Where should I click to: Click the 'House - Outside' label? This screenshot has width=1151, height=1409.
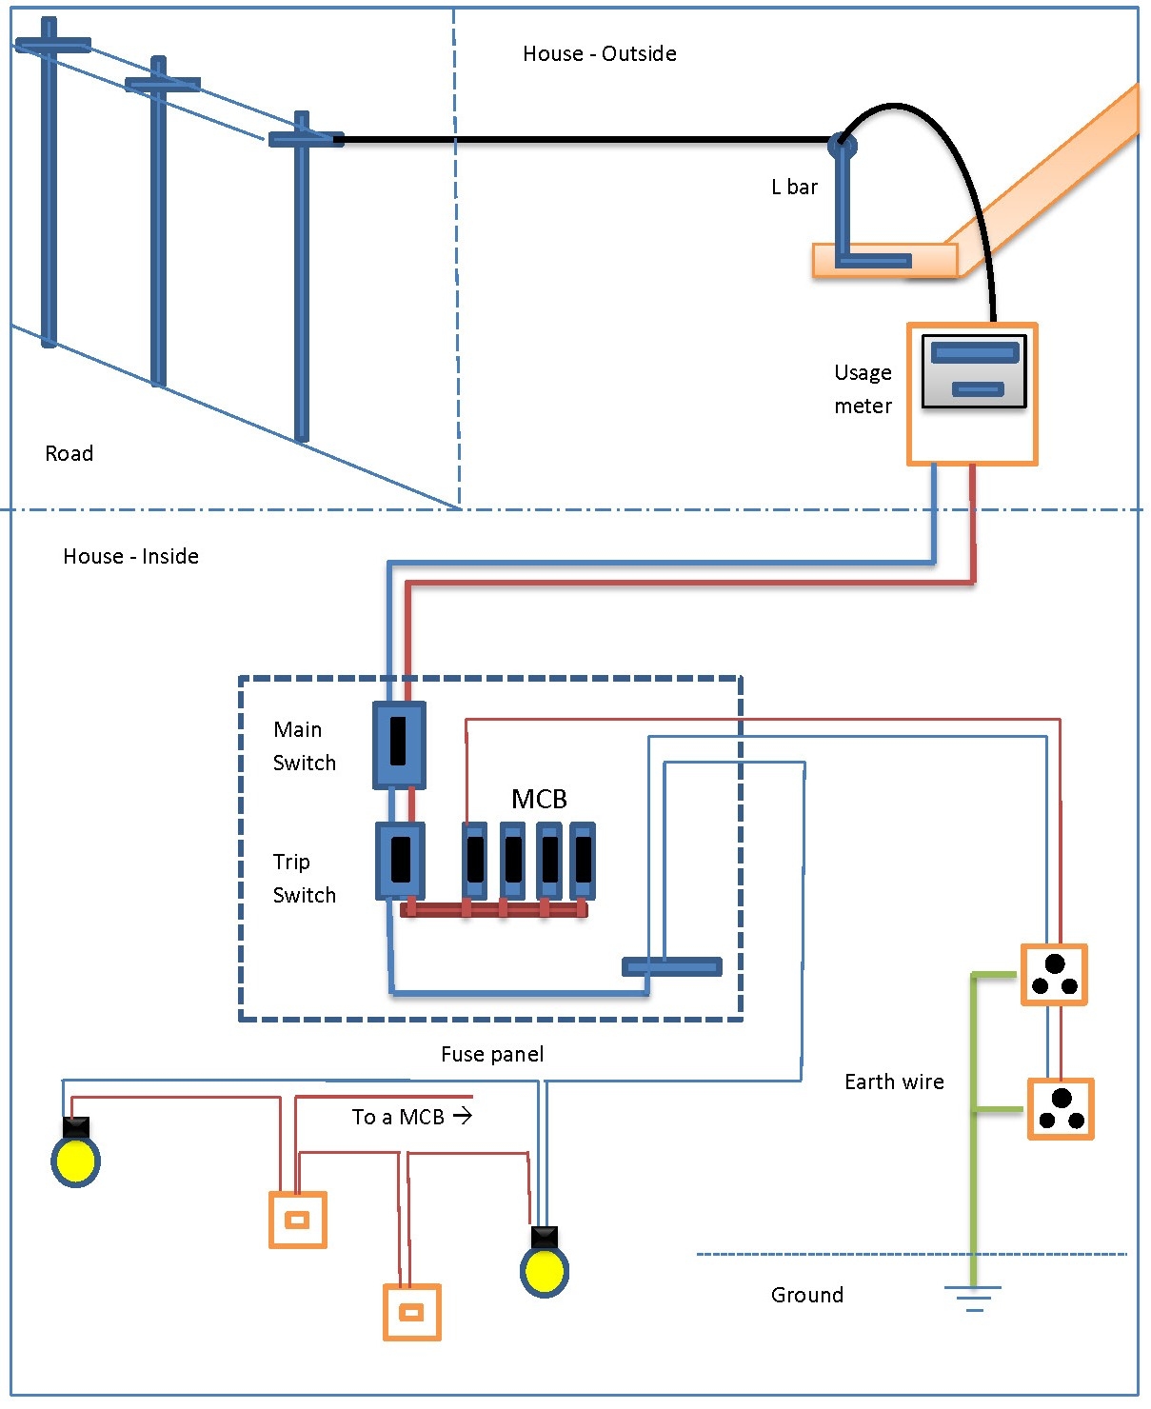[599, 54]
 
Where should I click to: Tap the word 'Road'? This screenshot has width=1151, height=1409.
[69, 453]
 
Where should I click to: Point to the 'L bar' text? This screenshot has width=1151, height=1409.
[794, 188]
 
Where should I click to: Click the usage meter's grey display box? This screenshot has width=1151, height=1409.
[974, 371]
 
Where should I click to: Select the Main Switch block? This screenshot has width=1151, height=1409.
[399, 744]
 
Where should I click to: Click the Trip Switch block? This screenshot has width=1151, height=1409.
[400, 861]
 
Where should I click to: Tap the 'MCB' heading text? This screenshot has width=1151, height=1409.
[539, 799]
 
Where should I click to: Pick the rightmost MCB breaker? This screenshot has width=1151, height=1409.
[583, 861]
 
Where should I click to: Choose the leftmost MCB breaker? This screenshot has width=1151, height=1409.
[474, 861]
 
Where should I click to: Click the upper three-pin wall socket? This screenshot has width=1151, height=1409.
[1054, 975]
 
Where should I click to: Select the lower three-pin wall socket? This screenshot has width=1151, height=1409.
[1061, 1109]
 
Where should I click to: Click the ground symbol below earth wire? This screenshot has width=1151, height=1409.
[973, 1298]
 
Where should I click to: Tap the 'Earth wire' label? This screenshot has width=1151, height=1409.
[894, 1082]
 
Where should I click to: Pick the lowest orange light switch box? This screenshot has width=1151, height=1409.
[411, 1313]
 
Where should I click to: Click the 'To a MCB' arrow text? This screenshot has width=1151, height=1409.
[411, 1117]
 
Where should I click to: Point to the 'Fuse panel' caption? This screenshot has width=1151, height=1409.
[492, 1054]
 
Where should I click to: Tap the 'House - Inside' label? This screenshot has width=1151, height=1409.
[130, 556]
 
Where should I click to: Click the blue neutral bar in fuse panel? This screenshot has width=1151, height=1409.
[672, 966]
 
